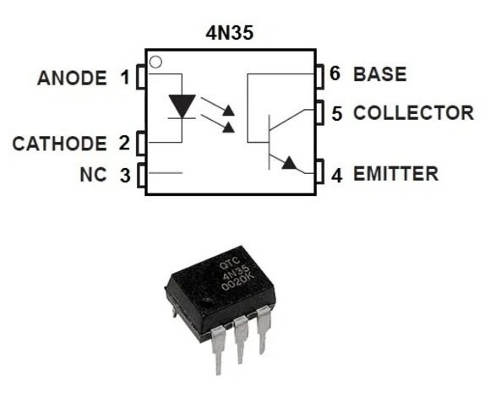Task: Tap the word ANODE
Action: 72,79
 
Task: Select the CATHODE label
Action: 59,144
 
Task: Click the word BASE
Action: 380,73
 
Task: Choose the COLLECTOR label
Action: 413,112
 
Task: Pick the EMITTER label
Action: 395,175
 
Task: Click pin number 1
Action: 125,79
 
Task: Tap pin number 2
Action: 124,144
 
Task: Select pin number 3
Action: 124,176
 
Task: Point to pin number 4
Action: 336,176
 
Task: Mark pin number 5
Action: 336,112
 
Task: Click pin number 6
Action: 335,73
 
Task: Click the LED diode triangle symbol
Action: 182,106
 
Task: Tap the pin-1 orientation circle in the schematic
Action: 155,62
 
